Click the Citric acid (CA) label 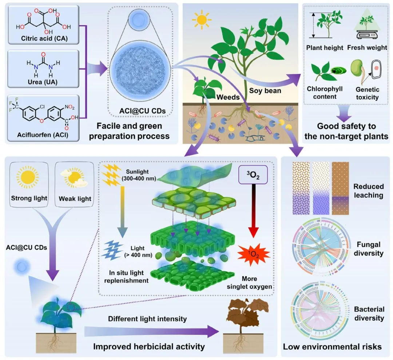pyautogui.click(x=44, y=38)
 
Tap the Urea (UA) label pyautogui.click(x=43, y=82)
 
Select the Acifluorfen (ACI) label pyautogui.click(x=43, y=135)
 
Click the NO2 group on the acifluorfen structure pyautogui.click(x=70, y=107)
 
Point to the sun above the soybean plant pyautogui.click(x=202, y=20)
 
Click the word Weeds pyautogui.click(x=228, y=97)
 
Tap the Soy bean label pyautogui.click(x=265, y=91)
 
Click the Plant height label pyautogui.click(x=325, y=48)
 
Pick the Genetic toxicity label pyautogui.click(x=367, y=93)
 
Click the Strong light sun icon pyautogui.click(x=28, y=177)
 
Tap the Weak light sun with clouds pyautogui.click(x=74, y=177)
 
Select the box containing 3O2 pyautogui.click(x=253, y=175)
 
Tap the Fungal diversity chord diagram pyautogui.click(x=321, y=247)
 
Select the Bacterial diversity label pyautogui.click(x=369, y=313)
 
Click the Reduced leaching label pyautogui.click(x=368, y=191)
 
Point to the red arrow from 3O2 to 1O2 pyautogui.click(x=253, y=211)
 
